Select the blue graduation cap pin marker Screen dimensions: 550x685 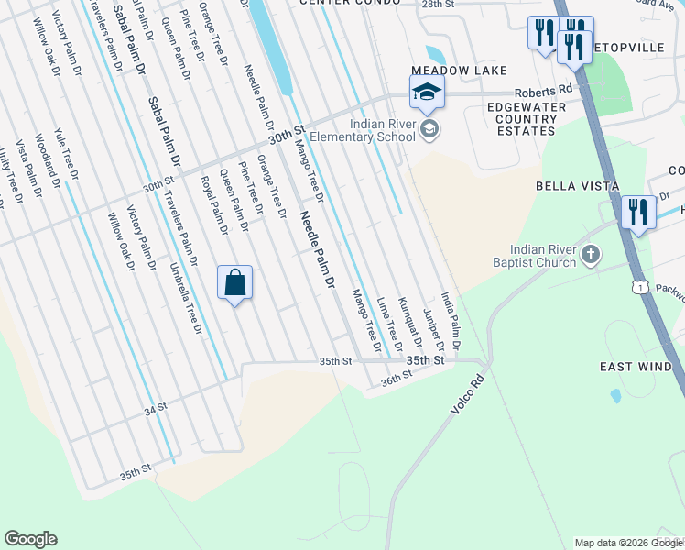[427, 93]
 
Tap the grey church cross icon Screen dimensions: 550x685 [591, 254]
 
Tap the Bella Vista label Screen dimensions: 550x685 [573, 186]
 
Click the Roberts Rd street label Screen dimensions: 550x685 [542, 92]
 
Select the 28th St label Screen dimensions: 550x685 [437, 5]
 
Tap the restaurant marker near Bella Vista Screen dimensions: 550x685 [637, 213]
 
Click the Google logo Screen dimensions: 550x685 [30, 539]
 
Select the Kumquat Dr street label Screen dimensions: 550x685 [409, 323]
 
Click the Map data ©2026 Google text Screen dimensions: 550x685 [628, 543]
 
